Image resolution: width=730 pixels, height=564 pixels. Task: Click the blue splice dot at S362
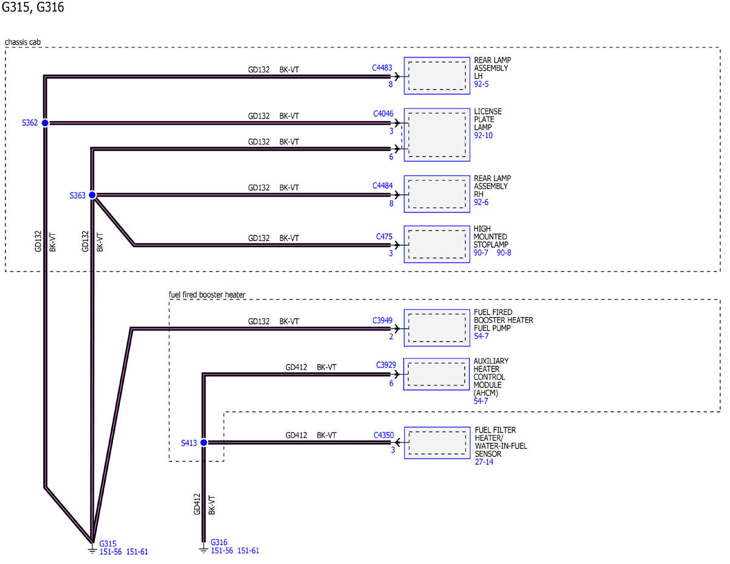click(45, 123)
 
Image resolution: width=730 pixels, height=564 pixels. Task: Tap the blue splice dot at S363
click(92, 195)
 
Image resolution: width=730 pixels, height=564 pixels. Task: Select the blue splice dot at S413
click(204, 443)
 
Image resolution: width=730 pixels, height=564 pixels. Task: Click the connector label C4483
click(382, 68)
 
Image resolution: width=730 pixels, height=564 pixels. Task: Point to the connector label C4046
click(383, 114)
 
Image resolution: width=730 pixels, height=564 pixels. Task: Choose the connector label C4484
click(383, 186)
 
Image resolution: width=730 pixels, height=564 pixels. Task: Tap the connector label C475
click(384, 237)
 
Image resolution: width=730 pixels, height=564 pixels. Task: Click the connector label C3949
click(382, 321)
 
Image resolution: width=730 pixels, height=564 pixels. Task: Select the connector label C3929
click(386, 365)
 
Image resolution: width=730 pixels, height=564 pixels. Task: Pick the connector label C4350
click(384, 436)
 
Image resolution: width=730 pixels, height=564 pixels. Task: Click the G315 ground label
click(108, 544)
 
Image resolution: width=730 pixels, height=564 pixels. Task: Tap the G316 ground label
click(219, 543)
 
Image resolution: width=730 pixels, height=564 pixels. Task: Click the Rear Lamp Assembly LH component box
click(437, 76)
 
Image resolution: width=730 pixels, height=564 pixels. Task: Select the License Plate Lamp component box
click(437, 134)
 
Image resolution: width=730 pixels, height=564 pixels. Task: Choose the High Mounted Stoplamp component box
click(437, 244)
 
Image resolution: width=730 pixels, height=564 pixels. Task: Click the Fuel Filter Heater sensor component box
click(437, 443)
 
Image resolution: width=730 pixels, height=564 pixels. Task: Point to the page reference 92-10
click(483, 136)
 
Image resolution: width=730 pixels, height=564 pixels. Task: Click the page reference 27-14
click(484, 462)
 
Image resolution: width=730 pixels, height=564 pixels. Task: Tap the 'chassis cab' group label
click(23, 42)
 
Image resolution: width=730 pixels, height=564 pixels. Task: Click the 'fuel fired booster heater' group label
click(207, 294)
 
